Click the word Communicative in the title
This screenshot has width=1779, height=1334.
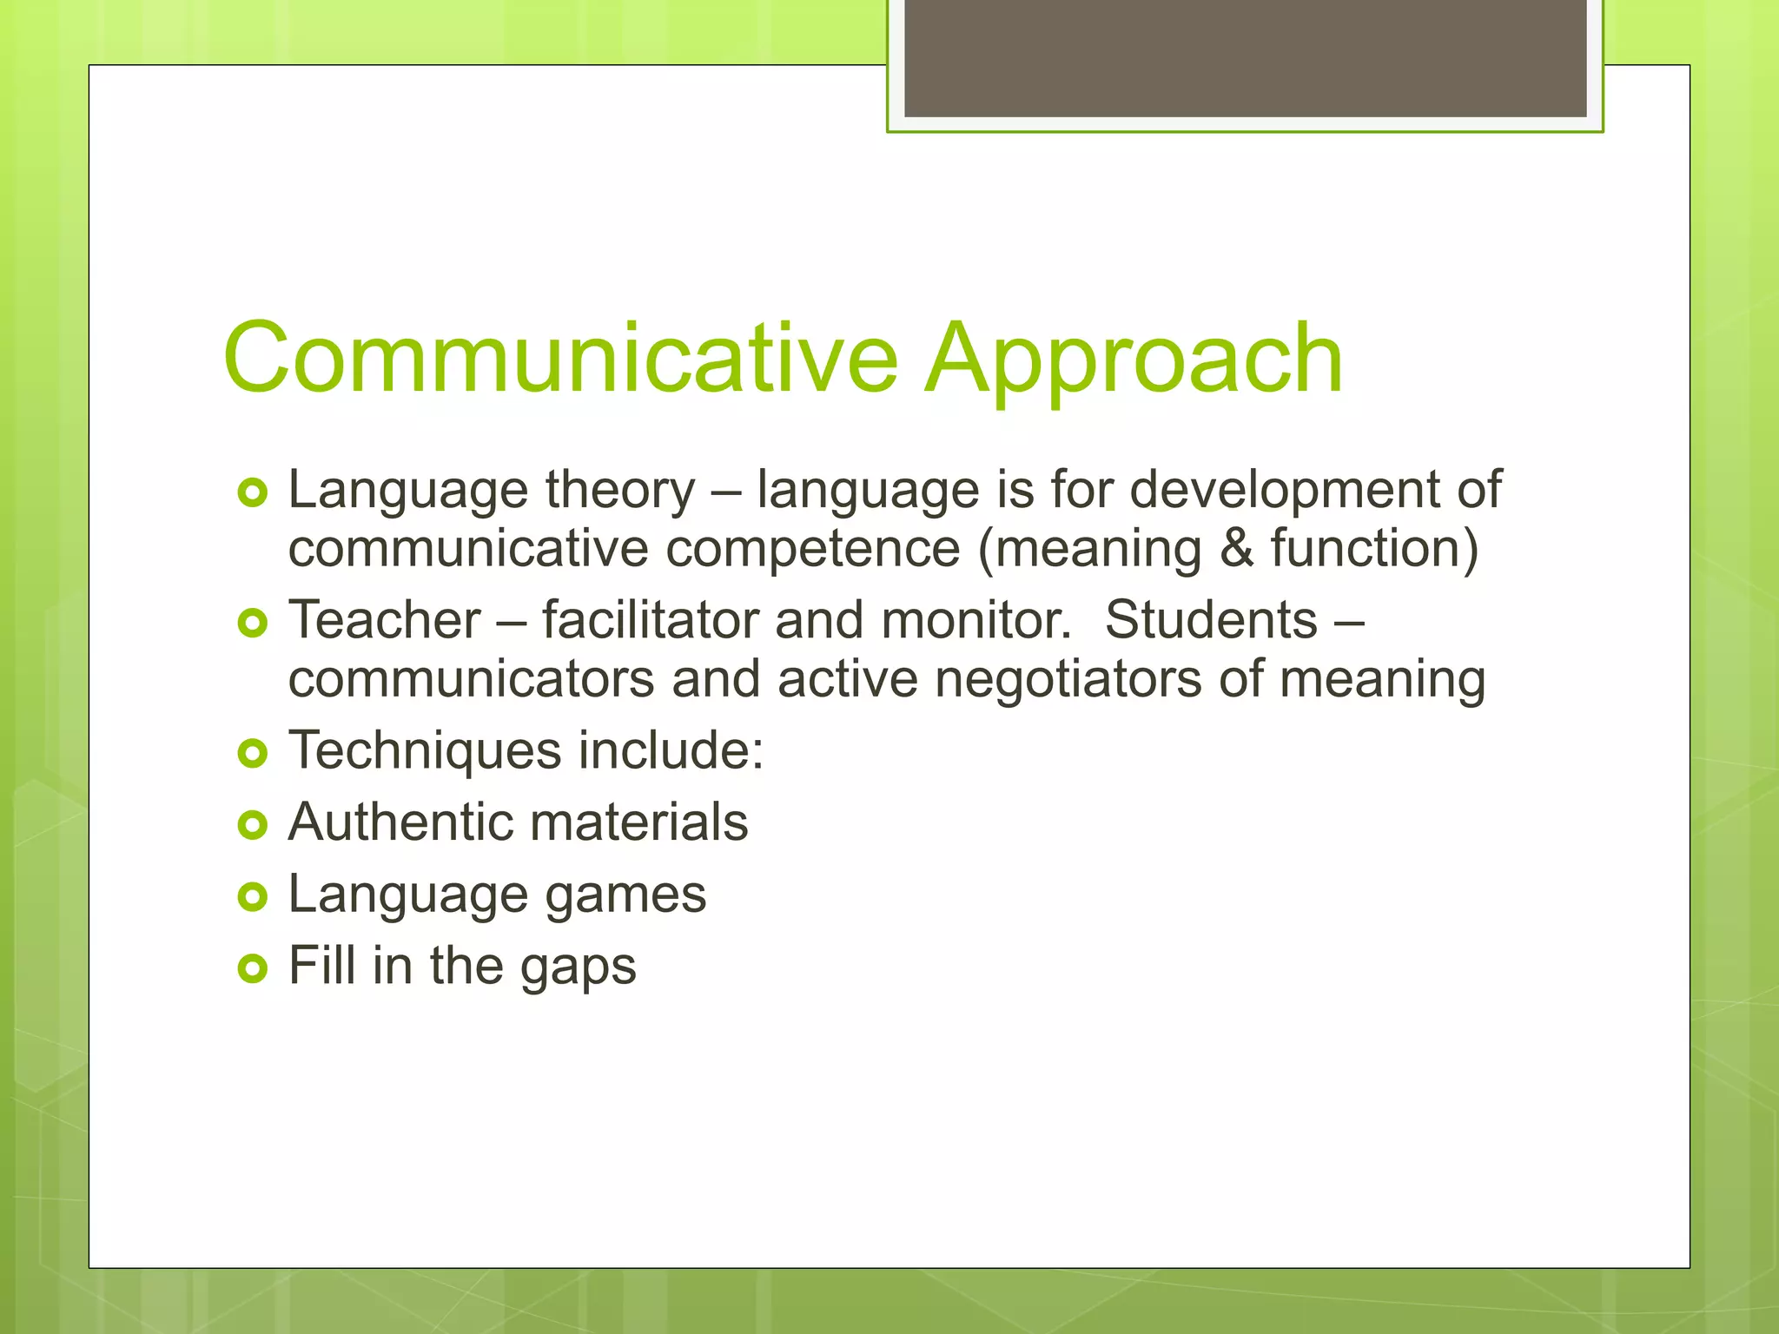pyautogui.click(x=560, y=359)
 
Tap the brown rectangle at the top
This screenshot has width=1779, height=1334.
pyautogui.click(x=1245, y=57)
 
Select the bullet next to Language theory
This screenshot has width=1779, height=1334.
pyautogui.click(x=252, y=493)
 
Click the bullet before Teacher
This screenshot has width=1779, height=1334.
pyautogui.click(x=252, y=623)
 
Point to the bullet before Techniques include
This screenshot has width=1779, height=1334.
pyautogui.click(x=252, y=753)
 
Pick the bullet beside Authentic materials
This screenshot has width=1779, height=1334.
pyautogui.click(x=252, y=824)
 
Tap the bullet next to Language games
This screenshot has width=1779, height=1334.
pyautogui.click(x=252, y=896)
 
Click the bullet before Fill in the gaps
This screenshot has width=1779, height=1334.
pyautogui.click(x=252, y=967)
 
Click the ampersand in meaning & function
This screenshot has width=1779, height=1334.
pyautogui.click(x=1236, y=549)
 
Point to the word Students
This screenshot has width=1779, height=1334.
pyautogui.click(x=1211, y=620)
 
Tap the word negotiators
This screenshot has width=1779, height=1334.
pyautogui.click(x=1068, y=680)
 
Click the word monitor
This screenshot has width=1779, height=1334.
pyautogui.click(x=976, y=620)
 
